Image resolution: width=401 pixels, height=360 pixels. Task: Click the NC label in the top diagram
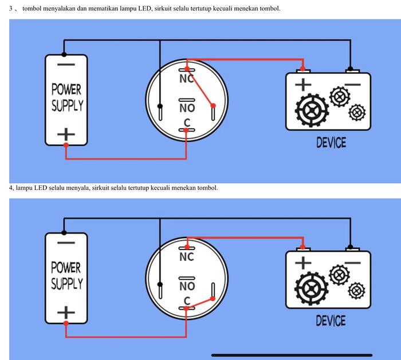pos(187,79)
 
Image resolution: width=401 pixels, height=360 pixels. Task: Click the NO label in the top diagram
pos(187,108)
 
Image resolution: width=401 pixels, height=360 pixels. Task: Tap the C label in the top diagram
pos(187,122)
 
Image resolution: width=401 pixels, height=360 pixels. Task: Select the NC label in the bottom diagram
pos(187,258)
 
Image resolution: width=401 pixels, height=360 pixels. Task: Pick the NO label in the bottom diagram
pos(187,286)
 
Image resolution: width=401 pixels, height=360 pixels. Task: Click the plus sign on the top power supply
pos(66,134)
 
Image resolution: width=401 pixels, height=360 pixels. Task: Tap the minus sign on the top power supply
pos(66,65)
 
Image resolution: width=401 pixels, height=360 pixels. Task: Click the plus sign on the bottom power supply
pos(66,312)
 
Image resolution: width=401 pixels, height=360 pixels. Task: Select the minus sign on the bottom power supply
pos(66,243)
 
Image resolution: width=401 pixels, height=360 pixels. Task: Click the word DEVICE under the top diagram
pos(331,142)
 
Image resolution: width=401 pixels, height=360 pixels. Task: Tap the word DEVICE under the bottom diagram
pos(331,321)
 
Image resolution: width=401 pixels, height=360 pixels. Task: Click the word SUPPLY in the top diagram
pos(67,106)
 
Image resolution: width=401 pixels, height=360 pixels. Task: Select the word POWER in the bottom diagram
pos(66,268)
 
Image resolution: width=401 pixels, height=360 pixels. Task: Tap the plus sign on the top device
pos(303,84)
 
